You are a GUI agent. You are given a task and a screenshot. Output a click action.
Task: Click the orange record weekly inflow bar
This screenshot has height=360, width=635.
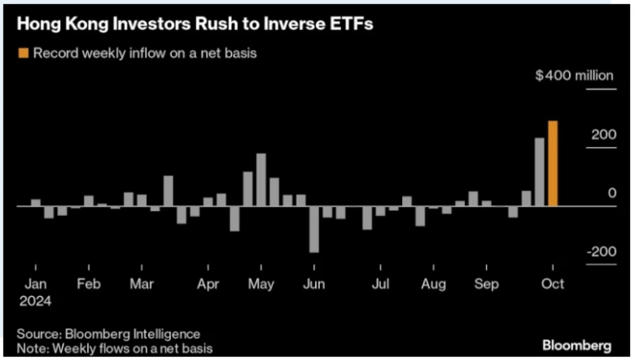click(552, 163)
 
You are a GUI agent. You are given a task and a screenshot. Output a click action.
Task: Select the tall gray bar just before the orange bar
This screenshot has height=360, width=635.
click(539, 172)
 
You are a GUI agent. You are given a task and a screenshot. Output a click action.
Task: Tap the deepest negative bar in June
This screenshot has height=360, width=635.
click(314, 229)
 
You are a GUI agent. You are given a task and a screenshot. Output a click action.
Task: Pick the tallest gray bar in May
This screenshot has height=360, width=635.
click(261, 179)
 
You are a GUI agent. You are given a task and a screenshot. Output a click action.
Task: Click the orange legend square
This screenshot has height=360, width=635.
click(23, 53)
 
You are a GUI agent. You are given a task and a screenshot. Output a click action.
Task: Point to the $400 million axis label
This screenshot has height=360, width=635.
click(576, 76)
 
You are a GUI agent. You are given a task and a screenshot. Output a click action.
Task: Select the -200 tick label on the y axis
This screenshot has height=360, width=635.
click(601, 252)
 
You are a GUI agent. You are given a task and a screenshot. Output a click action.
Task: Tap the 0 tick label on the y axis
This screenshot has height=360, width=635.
click(612, 193)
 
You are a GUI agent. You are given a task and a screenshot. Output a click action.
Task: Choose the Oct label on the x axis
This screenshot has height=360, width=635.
click(553, 284)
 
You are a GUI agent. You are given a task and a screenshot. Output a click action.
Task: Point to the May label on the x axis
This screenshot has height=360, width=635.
click(262, 284)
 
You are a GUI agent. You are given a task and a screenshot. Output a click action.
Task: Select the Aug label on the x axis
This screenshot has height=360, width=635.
click(433, 284)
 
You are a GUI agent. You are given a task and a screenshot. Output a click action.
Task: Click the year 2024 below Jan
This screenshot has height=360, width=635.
click(38, 299)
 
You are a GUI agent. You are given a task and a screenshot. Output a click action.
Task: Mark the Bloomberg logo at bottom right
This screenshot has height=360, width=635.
click(576, 344)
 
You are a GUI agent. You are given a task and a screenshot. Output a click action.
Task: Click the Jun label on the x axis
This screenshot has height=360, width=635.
click(314, 284)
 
